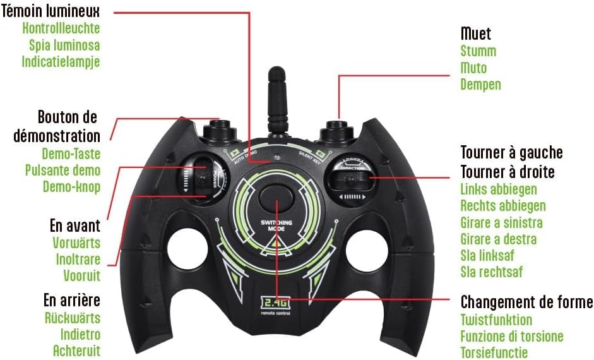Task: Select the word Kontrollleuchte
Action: (61, 28)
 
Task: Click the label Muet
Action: (476, 33)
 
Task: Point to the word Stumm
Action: (478, 51)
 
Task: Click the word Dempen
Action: (481, 84)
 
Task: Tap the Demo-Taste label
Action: (71, 153)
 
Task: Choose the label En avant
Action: (74, 225)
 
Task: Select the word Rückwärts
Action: (73, 318)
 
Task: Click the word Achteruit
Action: (76, 351)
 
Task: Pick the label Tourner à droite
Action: (508, 172)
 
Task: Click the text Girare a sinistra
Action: (501, 222)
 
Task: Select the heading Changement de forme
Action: (526, 301)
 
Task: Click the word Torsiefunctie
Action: (494, 352)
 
